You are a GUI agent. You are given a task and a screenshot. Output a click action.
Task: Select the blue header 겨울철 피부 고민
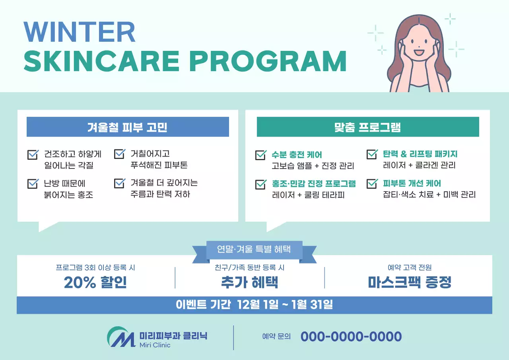pyautogui.click(x=128, y=127)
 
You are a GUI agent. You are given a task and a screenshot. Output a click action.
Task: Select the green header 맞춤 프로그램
pyautogui.click(x=367, y=127)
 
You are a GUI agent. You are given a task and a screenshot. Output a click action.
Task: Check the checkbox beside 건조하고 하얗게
pyautogui.click(x=33, y=154)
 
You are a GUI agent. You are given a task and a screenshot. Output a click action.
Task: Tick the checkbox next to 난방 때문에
pyautogui.click(x=33, y=183)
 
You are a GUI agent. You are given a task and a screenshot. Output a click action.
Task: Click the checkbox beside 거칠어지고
pyautogui.click(x=119, y=154)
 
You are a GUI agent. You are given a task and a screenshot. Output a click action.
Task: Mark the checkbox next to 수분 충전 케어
pyautogui.click(x=260, y=155)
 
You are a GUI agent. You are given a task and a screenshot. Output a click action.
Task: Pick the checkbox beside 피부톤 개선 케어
pyautogui.click(x=372, y=183)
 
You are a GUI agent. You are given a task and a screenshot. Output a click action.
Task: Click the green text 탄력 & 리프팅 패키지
pyautogui.click(x=420, y=154)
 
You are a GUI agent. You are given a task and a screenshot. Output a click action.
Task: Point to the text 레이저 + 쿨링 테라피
pyautogui.click(x=308, y=195)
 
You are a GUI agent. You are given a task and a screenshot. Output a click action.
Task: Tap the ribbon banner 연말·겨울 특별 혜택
pyautogui.click(x=254, y=249)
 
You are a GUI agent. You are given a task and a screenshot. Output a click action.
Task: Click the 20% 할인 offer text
pyautogui.click(x=95, y=282)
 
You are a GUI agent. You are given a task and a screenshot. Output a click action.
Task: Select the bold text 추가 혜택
pyautogui.click(x=249, y=282)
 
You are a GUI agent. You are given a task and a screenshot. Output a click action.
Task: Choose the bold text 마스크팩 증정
pyautogui.click(x=410, y=282)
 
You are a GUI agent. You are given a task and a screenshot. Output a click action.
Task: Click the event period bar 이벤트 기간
pyautogui.click(x=254, y=305)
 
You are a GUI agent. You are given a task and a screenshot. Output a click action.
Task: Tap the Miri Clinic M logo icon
pyautogui.click(x=121, y=337)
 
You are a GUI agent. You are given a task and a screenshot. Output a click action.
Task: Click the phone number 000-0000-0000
pyautogui.click(x=351, y=337)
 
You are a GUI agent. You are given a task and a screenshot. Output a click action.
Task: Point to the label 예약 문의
pyautogui.click(x=276, y=337)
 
